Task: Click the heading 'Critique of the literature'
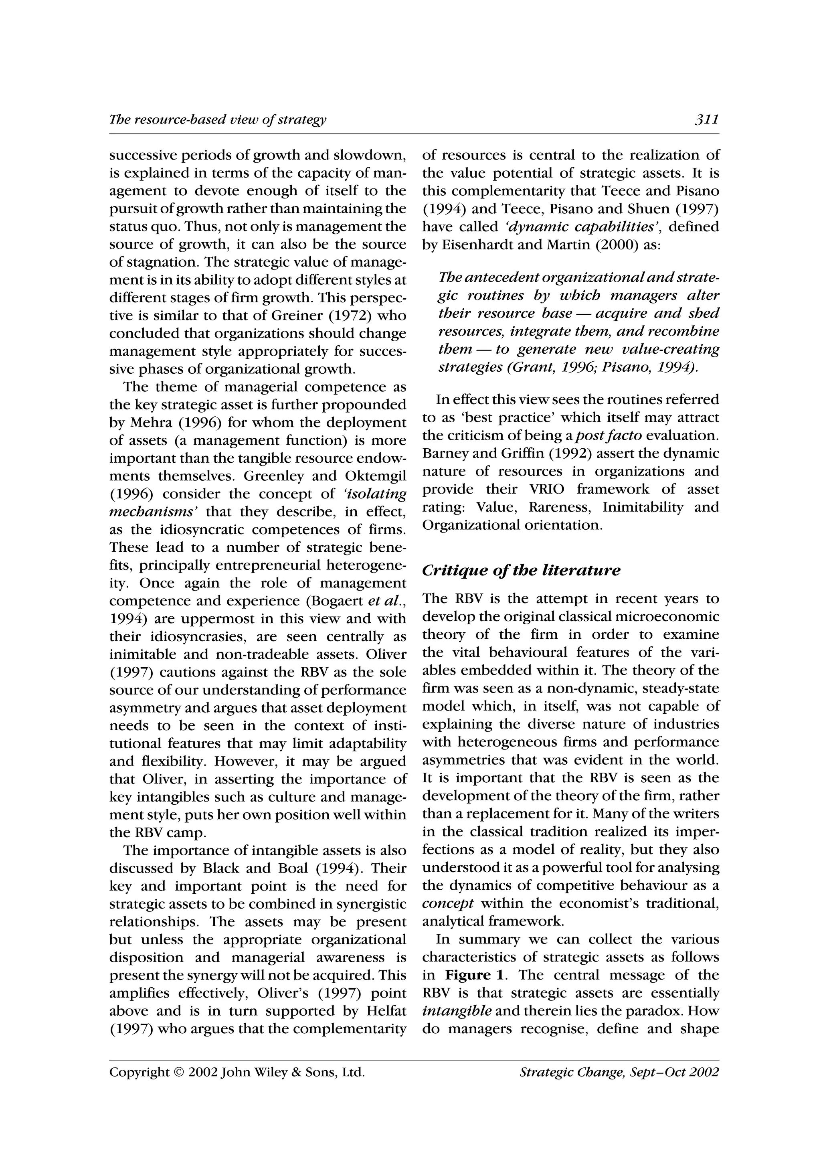pos(520,570)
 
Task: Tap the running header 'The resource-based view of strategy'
pos(218,120)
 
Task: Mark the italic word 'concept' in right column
pos(448,903)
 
